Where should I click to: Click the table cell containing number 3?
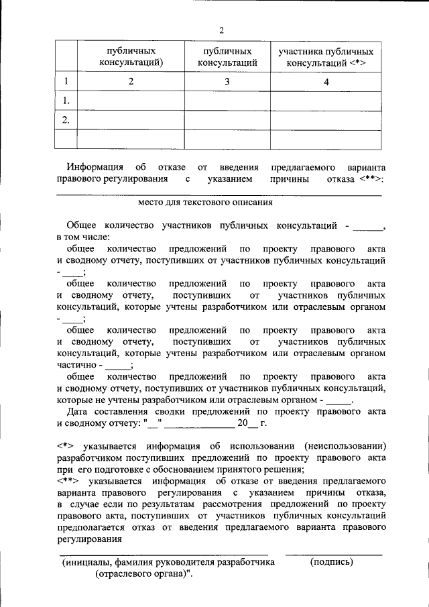[228, 82]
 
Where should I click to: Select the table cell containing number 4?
[326, 82]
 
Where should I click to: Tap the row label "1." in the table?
[66, 101]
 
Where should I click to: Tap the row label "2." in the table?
[66, 120]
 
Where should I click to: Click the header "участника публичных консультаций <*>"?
[326, 57]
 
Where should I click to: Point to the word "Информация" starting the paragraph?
[95, 166]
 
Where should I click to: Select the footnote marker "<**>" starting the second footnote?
[68, 482]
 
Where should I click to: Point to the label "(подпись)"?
[332, 562]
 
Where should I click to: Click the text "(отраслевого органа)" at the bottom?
[143, 575]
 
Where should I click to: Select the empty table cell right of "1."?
[131, 101]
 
